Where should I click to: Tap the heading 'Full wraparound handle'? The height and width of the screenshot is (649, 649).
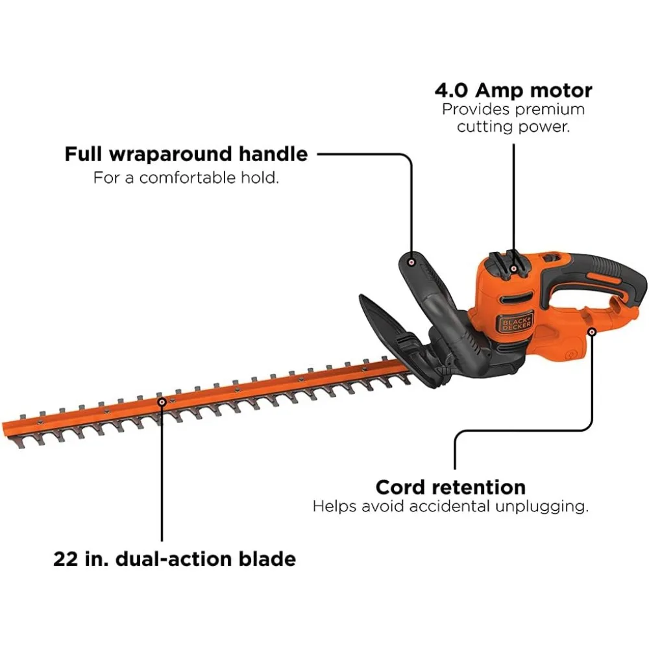pyautogui.click(x=186, y=154)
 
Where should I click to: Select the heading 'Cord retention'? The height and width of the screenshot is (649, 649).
pyautogui.click(x=450, y=487)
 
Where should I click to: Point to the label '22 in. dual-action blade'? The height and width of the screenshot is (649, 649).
pyautogui.click(x=175, y=559)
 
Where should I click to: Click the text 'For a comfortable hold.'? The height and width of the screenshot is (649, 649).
pyautogui.click(x=186, y=177)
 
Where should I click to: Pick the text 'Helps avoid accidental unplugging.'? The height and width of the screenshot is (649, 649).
pyautogui.click(x=450, y=506)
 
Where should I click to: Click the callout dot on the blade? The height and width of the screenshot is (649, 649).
pyautogui.click(x=161, y=402)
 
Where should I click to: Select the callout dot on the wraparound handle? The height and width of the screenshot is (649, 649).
pyautogui.click(x=411, y=262)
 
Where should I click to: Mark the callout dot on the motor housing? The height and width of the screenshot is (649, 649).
pyautogui.click(x=514, y=268)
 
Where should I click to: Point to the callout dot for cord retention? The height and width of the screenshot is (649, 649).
pyautogui.click(x=593, y=332)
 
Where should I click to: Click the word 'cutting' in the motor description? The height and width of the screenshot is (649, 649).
pyautogui.click(x=484, y=127)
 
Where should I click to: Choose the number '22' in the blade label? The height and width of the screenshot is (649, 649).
pyautogui.click(x=66, y=559)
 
